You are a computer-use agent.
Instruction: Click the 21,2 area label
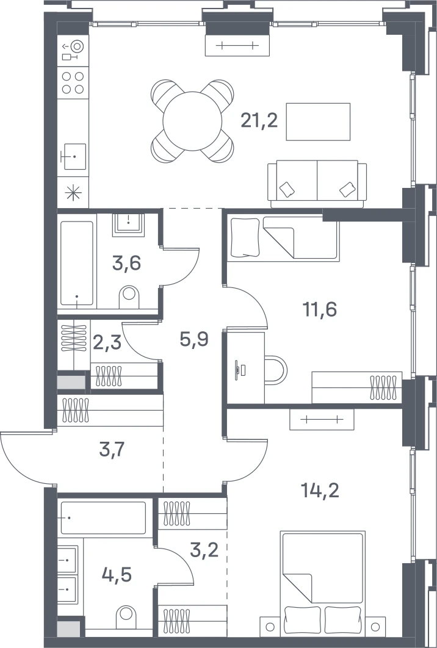[x=259, y=121]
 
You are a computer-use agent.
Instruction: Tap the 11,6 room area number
[x=320, y=309]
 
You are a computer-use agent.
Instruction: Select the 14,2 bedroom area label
[x=321, y=491]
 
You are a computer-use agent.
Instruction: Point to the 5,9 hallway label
[x=194, y=339]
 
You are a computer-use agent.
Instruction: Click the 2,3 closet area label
[x=107, y=343]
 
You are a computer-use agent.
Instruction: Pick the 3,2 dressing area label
[x=204, y=550]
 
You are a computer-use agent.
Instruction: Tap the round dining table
[x=193, y=121]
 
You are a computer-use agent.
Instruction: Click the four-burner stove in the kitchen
[x=73, y=82]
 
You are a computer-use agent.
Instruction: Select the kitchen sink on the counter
[x=73, y=157]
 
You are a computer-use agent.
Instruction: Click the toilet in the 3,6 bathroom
[x=129, y=297]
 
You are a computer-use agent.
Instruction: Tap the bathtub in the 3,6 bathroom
[x=77, y=263]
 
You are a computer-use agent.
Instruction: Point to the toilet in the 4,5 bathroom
[x=126, y=617]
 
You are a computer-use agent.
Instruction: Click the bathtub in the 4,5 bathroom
[x=103, y=518]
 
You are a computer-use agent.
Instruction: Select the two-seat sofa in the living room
[x=317, y=184]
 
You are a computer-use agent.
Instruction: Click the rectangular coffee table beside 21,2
[x=319, y=122]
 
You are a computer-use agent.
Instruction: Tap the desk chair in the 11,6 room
[x=276, y=370]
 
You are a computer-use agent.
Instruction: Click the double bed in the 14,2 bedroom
[x=322, y=583]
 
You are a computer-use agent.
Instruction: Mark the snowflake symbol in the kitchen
[x=73, y=193]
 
